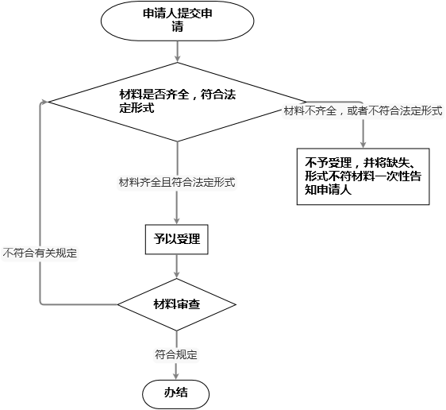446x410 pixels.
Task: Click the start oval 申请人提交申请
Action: (x=177, y=21)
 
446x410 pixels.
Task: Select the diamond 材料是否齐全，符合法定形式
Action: (x=177, y=102)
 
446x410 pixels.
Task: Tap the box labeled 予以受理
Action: (x=177, y=239)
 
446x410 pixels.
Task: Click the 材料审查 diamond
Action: (x=177, y=304)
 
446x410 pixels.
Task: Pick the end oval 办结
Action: (x=176, y=394)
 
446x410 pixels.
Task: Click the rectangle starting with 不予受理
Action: (x=363, y=176)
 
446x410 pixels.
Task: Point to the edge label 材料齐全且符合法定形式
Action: (x=177, y=182)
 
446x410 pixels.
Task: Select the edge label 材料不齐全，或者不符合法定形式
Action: (x=363, y=110)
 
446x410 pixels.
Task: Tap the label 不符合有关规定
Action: (x=40, y=253)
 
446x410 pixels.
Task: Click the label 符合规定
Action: (x=176, y=354)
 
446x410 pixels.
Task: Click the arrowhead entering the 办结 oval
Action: (x=176, y=376)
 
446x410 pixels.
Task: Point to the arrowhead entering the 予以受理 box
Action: (x=177, y=221)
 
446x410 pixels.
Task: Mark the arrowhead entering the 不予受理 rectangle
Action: (x=363, y=144)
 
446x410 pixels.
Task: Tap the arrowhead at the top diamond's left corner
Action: (x=44, y=102)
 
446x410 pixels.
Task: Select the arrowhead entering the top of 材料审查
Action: (x=177, y=274)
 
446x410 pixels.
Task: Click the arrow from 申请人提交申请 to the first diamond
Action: (x=177, y=52)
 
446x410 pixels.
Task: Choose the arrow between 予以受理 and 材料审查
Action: (x=177, y=266)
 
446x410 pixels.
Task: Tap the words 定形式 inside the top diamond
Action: (x=136, y=108)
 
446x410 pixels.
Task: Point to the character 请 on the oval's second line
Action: (x=177, y=27)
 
